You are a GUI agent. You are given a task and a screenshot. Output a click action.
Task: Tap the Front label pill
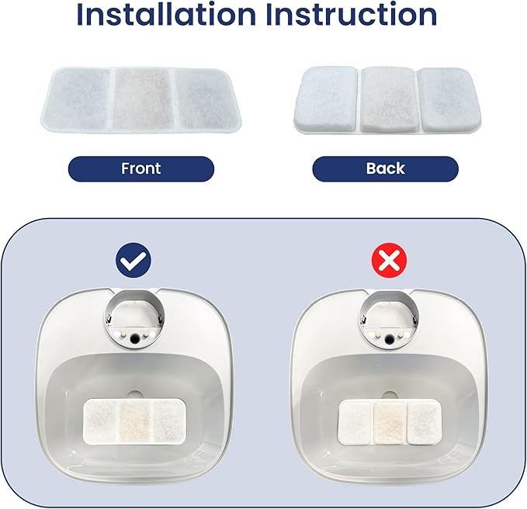point(140,168)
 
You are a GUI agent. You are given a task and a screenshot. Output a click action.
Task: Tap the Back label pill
point(385,168)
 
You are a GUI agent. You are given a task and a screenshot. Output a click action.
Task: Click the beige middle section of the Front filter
point(140,99)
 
